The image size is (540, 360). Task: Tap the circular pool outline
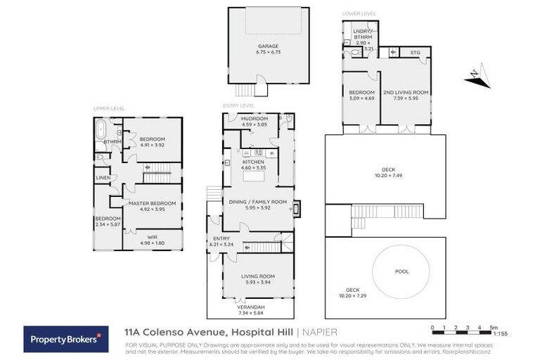(401, 271)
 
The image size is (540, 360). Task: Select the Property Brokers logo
(66, 338)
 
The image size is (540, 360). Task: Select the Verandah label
(257, 309)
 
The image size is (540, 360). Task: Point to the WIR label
(151, 240)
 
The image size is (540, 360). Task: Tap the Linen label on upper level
(103, 177)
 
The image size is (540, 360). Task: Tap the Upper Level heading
(108, 109)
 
